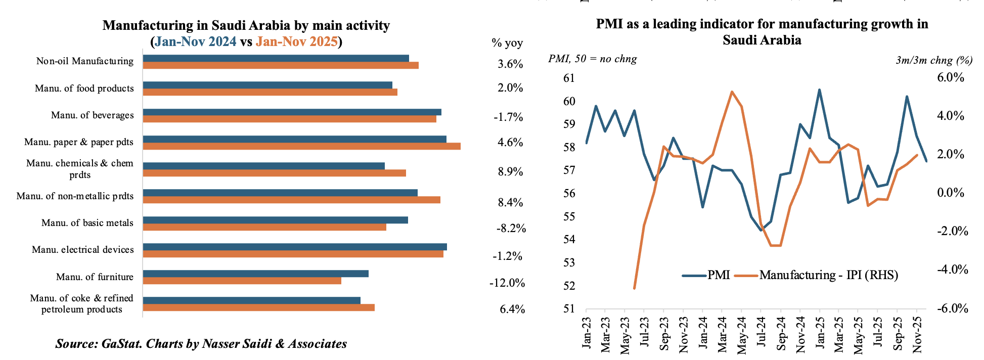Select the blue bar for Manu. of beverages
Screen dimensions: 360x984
pyautogui.click(x=292, y=112)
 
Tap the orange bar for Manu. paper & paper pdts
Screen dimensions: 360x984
pyautogui.click(x=301, y=146)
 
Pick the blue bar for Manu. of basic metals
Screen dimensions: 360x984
pyautogui.click(x=275, y=220)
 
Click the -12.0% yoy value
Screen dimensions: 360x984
pyautogui.click(x=507, y=283)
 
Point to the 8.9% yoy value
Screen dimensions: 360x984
pyautogui.click(x=510, y=171)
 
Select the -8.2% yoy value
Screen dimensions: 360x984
pyautogui.click(x=511, y=228)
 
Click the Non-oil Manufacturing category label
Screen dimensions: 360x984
pyautogui.click(x=85, y=61)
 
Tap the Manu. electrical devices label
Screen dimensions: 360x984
pyautogui.click(x=83, y=250)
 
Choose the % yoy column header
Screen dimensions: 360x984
pyautogui.click(x=507, y=43)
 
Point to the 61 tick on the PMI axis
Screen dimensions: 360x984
pyautogui.click(x=569, y=78)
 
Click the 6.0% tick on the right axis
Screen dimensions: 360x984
pyautogui.click(x=951, y=77)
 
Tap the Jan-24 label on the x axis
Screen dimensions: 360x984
pyautogui.click(x=703, y=332)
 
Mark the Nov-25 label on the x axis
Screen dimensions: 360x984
pyautogui.click(x=917, y=334)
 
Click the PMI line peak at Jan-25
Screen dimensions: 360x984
pyautogui.click(x=819, y=90)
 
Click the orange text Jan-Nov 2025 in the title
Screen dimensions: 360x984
pyautogui.click(x=296, y=41)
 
